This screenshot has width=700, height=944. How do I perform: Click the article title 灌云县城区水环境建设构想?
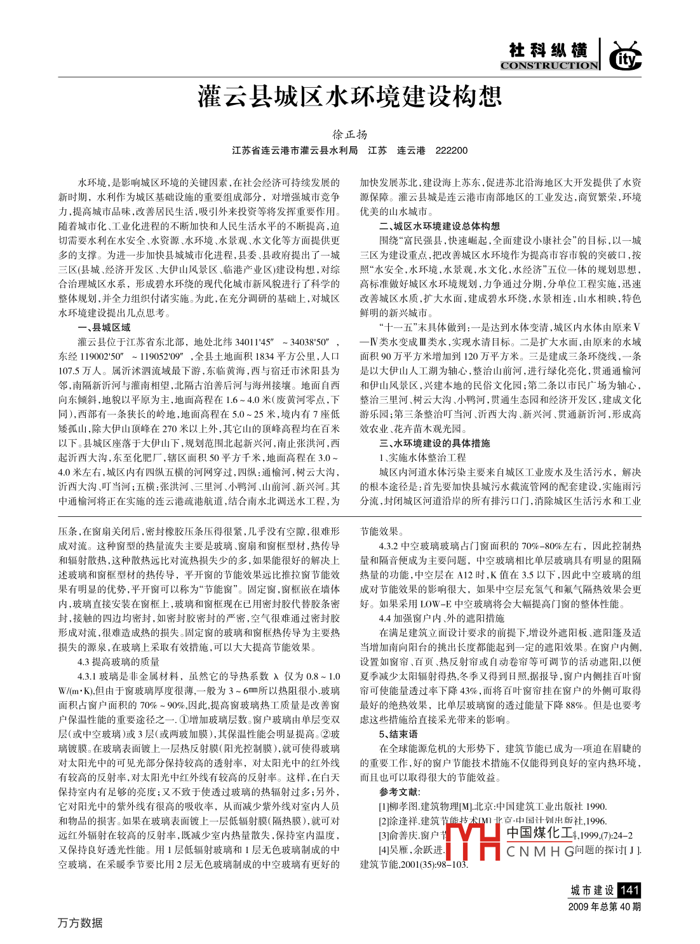point(349,97)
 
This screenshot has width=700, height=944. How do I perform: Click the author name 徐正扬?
point(350,135)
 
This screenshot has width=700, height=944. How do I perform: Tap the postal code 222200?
point(452,151)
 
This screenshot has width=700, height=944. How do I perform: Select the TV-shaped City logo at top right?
point(625,57)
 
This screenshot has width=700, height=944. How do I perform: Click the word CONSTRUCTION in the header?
point(549,65)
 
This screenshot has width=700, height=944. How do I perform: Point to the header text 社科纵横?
point(548,50)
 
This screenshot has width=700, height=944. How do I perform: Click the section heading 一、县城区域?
point(104,327)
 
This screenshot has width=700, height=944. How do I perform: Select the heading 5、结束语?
point(398,734)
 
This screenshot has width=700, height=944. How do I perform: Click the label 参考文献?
point(399,792)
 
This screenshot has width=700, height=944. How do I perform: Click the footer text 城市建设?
point(592,891)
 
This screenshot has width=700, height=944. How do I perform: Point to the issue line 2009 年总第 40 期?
point(604,906)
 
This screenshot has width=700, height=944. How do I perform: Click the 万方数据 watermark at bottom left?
point(80,922)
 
